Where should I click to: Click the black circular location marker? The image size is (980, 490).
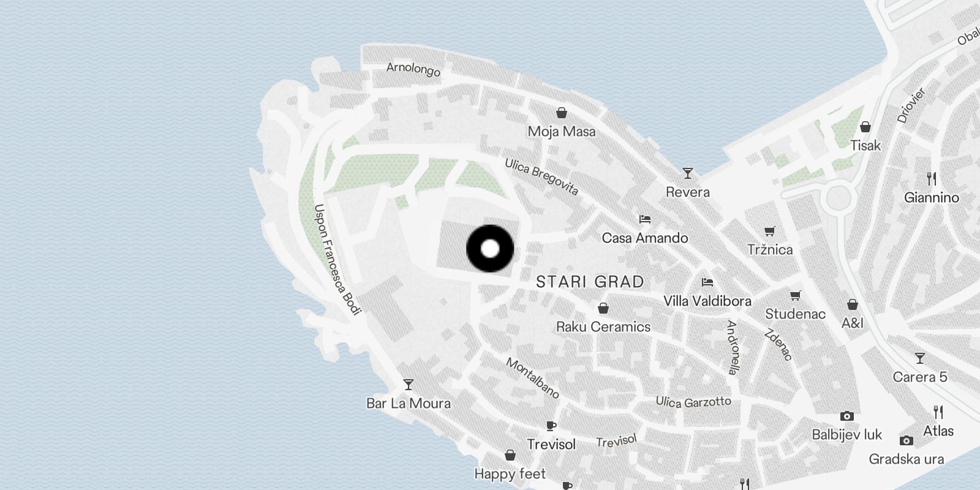(490, 249)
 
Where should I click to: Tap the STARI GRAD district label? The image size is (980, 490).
(590, 282)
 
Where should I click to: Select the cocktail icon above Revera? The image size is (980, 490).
(688, 173)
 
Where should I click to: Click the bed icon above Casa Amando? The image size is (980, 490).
(644, 219)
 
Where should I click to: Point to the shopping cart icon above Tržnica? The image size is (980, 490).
(770, 231)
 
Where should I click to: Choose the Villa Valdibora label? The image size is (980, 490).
(707, 301)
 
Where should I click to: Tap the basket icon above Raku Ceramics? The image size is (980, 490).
(603, 308)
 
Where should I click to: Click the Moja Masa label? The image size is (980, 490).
(562, 131)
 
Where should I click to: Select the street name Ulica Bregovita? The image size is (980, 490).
(541, 176)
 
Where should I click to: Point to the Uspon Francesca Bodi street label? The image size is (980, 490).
(336, 260)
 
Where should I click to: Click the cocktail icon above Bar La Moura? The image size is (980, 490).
(409, 385)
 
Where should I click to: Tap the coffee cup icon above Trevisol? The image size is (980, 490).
(551, 426)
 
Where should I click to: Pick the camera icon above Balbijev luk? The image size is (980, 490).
(847, 417)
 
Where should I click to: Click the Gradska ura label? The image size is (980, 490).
(907, 459)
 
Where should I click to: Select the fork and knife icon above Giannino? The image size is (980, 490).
(932, 179)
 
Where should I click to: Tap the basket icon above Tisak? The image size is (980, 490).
(865, 127)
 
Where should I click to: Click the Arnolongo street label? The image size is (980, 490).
(413, 69)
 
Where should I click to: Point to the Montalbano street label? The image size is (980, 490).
(532, 378)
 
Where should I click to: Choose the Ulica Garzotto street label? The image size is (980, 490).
(693, 402)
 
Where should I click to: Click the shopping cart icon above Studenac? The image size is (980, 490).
(796, 295)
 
